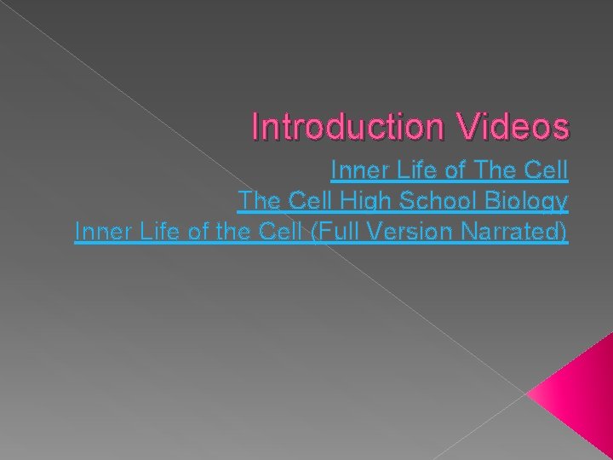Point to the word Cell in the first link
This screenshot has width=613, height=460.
click(x=545, y=172)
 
